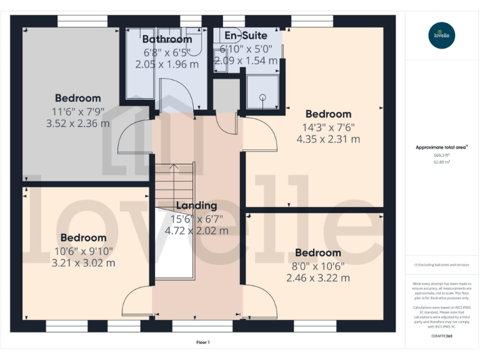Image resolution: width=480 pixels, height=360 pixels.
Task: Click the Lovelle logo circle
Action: coord(442,35)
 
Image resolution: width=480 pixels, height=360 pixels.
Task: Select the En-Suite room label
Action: coord(246,36)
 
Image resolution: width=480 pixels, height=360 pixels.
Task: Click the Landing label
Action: coord(196,206)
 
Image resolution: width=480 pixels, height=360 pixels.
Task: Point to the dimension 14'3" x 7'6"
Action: coord(328,127)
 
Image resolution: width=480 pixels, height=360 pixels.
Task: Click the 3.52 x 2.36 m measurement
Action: coord(78,123)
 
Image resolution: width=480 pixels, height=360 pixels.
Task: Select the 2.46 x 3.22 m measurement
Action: coord(318,277)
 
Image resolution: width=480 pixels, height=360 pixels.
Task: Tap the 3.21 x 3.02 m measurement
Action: coord(83,262)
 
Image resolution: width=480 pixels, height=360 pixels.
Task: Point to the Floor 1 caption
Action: coord(203,342)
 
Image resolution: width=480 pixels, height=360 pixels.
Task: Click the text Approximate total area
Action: coord(441,147)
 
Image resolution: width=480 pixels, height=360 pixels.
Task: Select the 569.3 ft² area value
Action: coord(442,155)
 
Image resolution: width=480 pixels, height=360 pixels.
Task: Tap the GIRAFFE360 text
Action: coord(442,336)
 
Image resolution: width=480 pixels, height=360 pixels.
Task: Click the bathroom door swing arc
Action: coord(176,96)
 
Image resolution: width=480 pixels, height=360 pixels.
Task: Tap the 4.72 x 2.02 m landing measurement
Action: coord(196,231)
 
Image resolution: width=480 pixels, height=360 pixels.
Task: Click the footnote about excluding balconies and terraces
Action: coord(442,265)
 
